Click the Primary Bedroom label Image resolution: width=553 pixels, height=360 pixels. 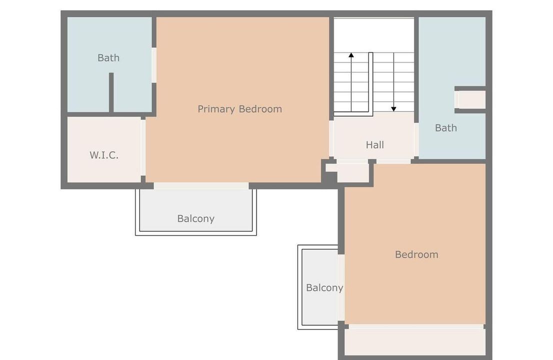pyautogui.click(x=239, y=109)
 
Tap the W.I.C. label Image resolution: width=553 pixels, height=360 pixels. pyautogui.click(x=104, y=155)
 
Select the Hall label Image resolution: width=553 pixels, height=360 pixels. pyautogui.click(x=374, y=145)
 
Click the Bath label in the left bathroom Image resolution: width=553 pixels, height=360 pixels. pyautogui.click(x=108, y=58)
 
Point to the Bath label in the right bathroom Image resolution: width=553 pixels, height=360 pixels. pyautogui.click(x=445, y=128)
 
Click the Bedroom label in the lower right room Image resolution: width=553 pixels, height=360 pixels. pyautogui.click(x=416, y=254)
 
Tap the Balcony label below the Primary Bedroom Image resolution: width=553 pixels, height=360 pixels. pyautogui.click(x=195, y=218)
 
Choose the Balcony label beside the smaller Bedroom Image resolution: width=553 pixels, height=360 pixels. pyautogui.click(x=324, y=288)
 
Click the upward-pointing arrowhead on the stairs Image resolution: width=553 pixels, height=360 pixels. pyautogui.click(x=351, y=55)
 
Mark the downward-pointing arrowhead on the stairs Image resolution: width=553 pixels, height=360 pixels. pyautogui.click(x=393, y=108)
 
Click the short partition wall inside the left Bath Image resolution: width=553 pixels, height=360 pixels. pyautogui.click(x=111, y=92)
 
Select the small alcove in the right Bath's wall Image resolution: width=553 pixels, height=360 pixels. pyautogui.click(x=471, y=99)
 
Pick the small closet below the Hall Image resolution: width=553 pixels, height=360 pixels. pyautogui.click(x=352, y=172)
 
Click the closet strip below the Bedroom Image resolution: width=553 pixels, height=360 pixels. pyautogui.click(x=415, y=341)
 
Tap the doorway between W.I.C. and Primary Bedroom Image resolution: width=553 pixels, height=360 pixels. pyautogui.click(x=143, y=147)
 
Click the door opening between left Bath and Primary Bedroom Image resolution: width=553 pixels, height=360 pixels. pyautogui.click(x=154, y=65)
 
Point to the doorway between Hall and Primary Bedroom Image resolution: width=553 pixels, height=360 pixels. pyautogui.click(x=331, y=139)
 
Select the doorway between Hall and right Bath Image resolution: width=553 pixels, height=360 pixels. pyautogui.click(x=415, y=140)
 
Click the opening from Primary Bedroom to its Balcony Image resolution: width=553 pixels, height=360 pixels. pyautogui.click(x=201, y=185)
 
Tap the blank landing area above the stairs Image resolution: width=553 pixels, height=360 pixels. pyautogui.click(x=373, y=34)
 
